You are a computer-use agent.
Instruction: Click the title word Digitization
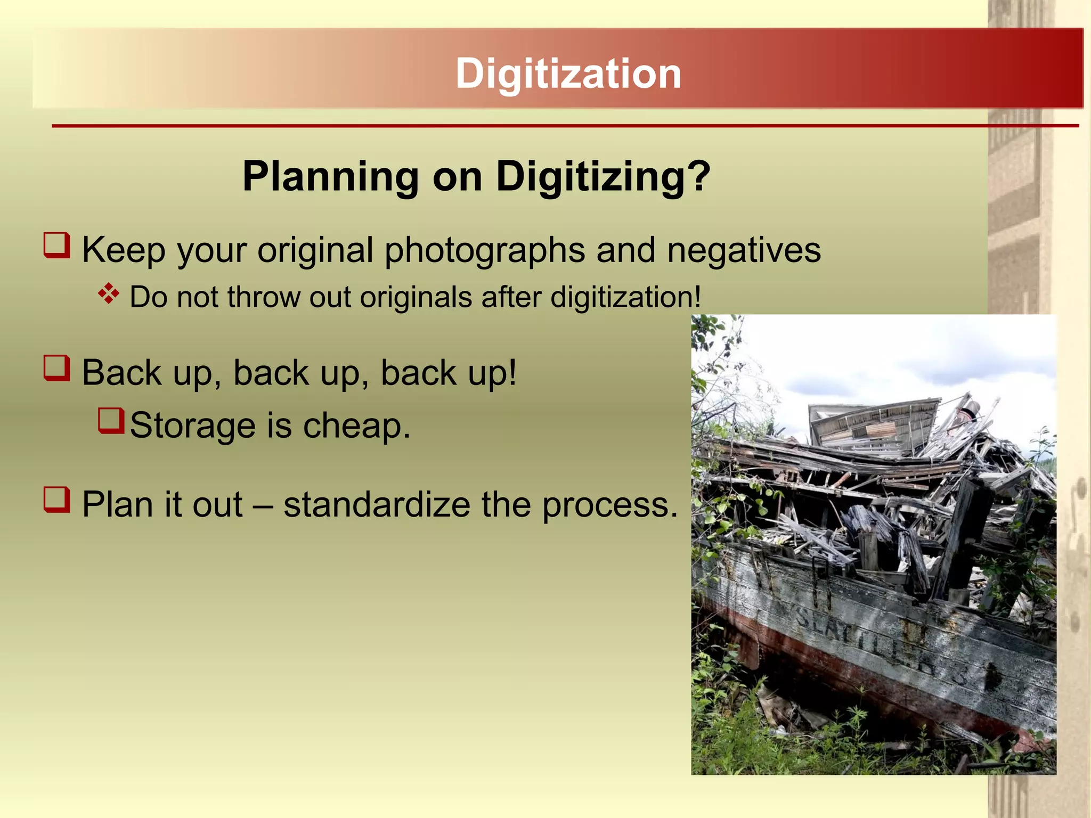pyautogui.click(x=568, y=73)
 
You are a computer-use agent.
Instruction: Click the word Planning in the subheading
pyautogui.click(x=330, y=176)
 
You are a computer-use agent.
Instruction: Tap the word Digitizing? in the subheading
pyautogui.click(x=603, y=176)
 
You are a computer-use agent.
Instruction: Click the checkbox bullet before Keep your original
pyautogui.click(x=57, y=246)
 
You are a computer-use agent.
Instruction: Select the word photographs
pyautogui.click(x=484, y=250)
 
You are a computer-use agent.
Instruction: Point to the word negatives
pyautogui.click(x=744, y=250)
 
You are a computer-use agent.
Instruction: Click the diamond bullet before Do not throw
pyautogui.click(x=109, y=294)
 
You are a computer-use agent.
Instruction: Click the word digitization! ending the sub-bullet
pyautogui.click(x=625, y=297)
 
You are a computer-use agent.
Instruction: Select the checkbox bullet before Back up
pyautogui.click(x=57, y=369)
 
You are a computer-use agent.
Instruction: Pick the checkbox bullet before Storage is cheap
pyautogui.click(x=111, y=421)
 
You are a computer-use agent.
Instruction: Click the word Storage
pyautogui.click(x=192, y=426)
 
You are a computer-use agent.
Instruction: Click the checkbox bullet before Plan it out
pyautogui.click(x=57, y=500)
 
